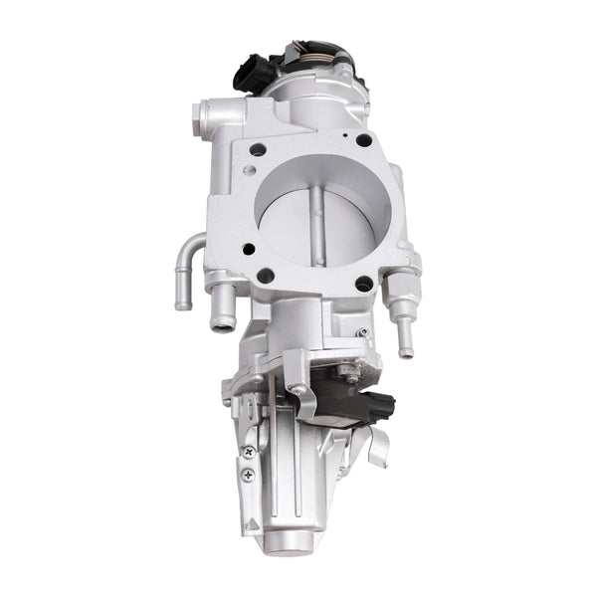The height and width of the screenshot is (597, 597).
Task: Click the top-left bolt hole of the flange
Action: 258,149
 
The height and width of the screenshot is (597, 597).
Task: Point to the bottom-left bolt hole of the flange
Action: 266,276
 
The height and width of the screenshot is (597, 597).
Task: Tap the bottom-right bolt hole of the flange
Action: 363,284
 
